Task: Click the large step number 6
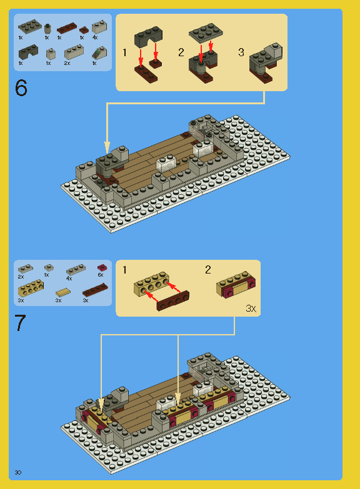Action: (21, 88)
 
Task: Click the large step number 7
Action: (21, 323)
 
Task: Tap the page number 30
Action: (18, 472)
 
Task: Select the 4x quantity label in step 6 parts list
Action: (95, 37)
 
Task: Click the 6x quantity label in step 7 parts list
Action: (100, 275)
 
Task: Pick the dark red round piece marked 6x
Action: (101, 267)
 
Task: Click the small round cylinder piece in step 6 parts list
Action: (47, 27)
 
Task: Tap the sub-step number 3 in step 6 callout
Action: (241, 52)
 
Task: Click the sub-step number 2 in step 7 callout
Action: (208, 270)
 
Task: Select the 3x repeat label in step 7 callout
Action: (251, 309)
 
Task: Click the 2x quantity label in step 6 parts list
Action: (67, 63)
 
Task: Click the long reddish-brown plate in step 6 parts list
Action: (66, 28)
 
